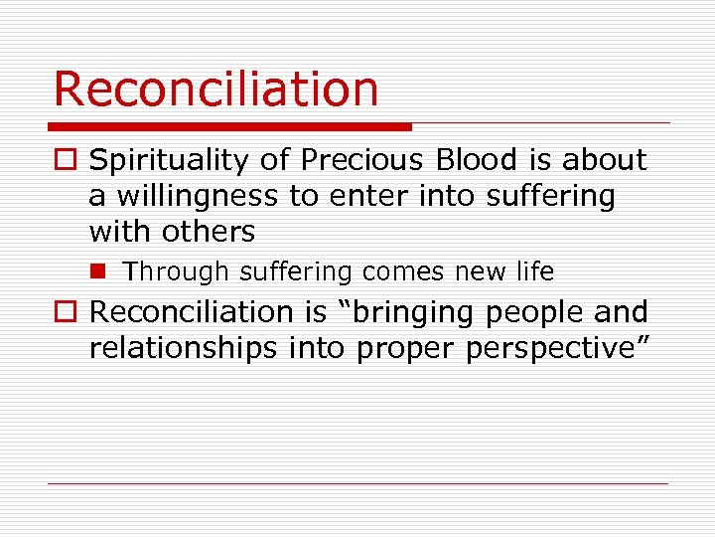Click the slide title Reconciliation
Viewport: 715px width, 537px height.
tap(215, 89)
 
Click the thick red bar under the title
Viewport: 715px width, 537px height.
tap(230, 127)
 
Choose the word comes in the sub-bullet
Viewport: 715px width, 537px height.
tap(402, 271)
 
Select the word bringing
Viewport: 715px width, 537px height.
tap(413, 312)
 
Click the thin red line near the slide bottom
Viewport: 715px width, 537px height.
tap(357, 484)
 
